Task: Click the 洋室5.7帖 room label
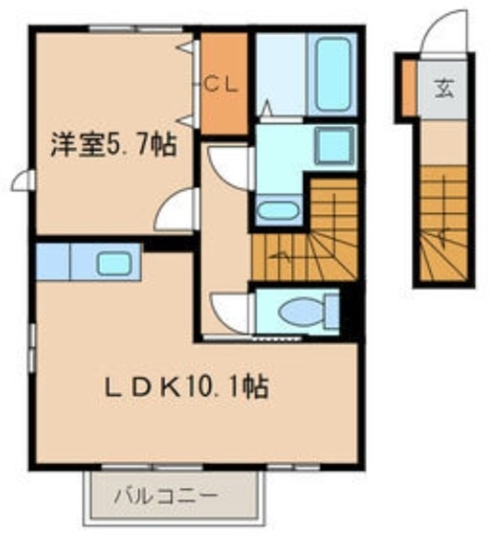point(113,145)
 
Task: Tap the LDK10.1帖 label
point(188,388)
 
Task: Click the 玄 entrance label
point(445,88)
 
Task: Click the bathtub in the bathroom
point(333,75)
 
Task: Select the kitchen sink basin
point(113,263)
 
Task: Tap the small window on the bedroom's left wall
point(26,181)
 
